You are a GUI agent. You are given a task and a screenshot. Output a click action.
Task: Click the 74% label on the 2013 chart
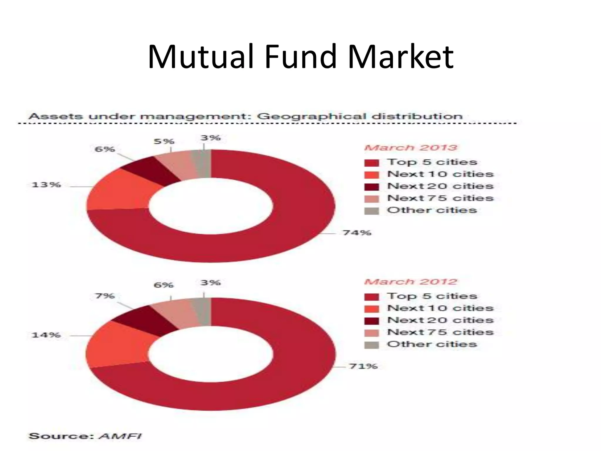357,233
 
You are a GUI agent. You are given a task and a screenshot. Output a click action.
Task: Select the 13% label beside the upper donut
46,185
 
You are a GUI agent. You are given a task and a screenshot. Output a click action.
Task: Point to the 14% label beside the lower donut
46,335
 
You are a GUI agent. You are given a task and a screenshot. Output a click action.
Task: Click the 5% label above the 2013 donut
164,141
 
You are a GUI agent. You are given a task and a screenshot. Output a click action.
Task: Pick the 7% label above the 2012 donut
105,296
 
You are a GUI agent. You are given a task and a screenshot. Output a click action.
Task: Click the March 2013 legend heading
411,147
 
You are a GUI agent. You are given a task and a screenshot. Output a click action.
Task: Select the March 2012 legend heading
411,282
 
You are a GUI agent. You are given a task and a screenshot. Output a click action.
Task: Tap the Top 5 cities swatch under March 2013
372,163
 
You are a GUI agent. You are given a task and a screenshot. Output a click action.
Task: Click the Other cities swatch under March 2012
372,345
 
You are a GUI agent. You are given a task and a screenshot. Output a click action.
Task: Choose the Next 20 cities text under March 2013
440,186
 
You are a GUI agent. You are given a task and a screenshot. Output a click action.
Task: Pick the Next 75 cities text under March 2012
440,332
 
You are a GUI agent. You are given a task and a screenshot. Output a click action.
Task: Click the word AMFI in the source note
121,436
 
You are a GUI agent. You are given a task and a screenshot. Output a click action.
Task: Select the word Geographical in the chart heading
311,116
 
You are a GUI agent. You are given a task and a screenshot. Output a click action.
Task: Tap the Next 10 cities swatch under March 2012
372,309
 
